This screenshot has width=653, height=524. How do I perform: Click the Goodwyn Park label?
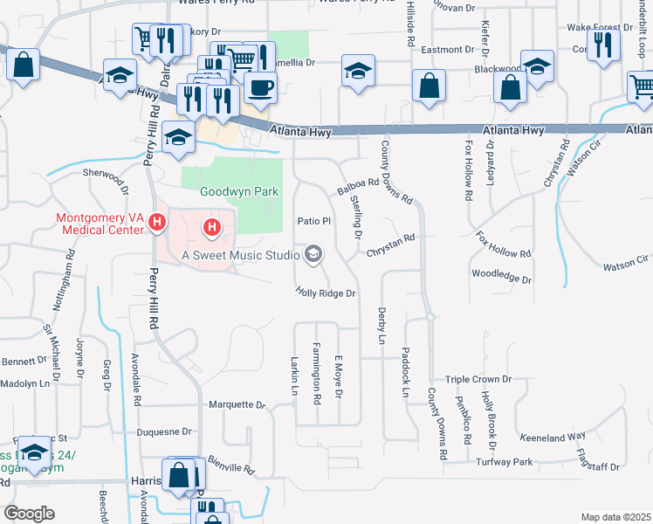tap(230, 191)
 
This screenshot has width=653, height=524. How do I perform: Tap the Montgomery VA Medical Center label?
tap(98, 224)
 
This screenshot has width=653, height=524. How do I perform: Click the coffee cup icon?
tap(259, 86)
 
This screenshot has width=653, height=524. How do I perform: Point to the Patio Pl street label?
tap(314, 221)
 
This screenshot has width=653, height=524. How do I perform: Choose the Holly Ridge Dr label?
tap(326, 293)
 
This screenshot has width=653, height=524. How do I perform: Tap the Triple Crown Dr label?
tap(478, 380)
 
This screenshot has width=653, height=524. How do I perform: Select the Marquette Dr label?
tap(237, 405)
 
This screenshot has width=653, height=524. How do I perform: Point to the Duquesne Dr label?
tap(164, 431)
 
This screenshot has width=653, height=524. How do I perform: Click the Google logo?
tap(29, 513)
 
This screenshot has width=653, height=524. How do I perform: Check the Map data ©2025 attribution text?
tap(615, 517)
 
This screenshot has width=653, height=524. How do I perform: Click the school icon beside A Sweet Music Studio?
tap(313, 255)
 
